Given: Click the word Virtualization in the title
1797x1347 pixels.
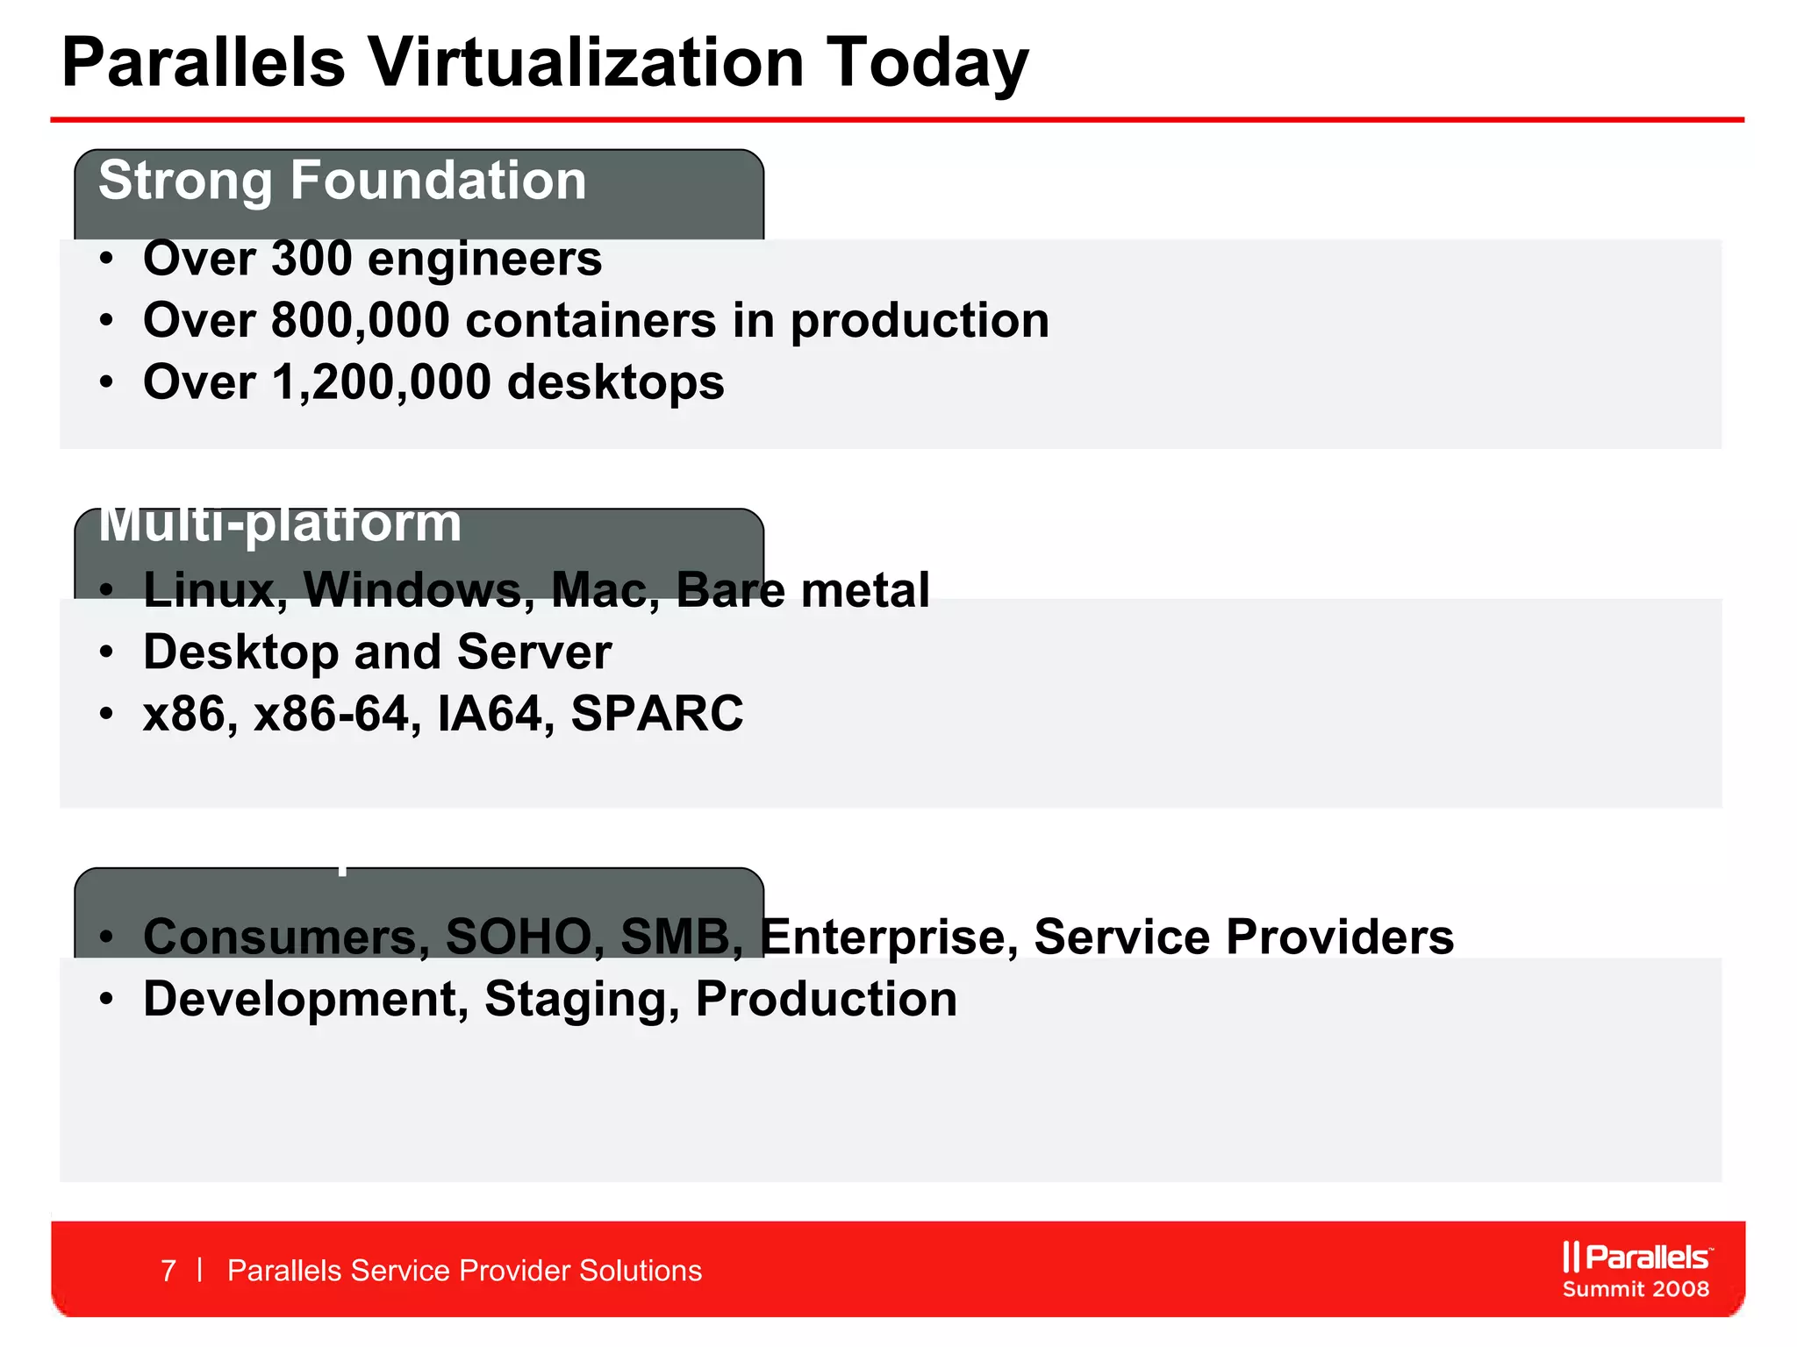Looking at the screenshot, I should tap(585, 63).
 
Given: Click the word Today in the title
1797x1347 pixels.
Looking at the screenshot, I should tap(927, 63).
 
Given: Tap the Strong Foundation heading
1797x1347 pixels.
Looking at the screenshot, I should tap(342, 181).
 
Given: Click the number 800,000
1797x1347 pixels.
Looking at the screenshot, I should tap(360, 321).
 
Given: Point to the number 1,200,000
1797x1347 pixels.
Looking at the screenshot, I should tap(381, 383).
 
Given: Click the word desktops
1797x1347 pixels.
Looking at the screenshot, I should tap(615, 383).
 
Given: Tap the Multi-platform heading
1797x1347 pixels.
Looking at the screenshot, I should tap(279, 524).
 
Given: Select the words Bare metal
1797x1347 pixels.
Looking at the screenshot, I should tap(802, 589).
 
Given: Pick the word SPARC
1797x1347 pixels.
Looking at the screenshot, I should tap(656, 714).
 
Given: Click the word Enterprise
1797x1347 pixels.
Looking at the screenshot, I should tap(888, 937).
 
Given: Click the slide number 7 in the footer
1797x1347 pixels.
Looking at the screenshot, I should tap(168, 1271).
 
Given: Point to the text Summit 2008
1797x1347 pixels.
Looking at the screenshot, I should tap(1636, 1289).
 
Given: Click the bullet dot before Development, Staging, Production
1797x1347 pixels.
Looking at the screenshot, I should tap(106, 1000).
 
